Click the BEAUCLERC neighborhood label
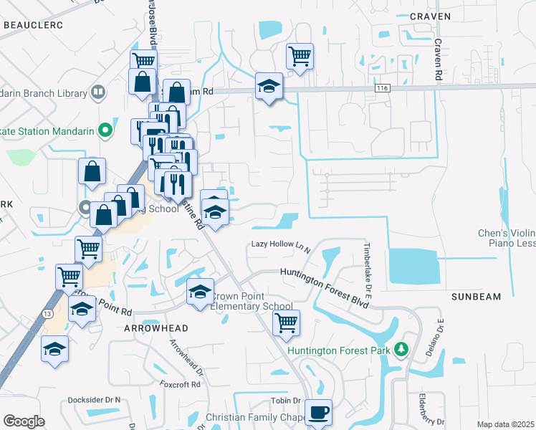33,25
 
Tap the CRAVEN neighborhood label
430,16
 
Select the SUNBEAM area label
476,296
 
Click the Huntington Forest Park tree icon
402,350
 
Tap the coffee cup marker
318,413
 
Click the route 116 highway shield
381,87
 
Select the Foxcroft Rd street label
181,384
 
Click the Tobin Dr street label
285,400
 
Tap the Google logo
24,421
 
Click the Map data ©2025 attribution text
504,424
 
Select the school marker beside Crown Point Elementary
201,291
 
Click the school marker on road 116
269,87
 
